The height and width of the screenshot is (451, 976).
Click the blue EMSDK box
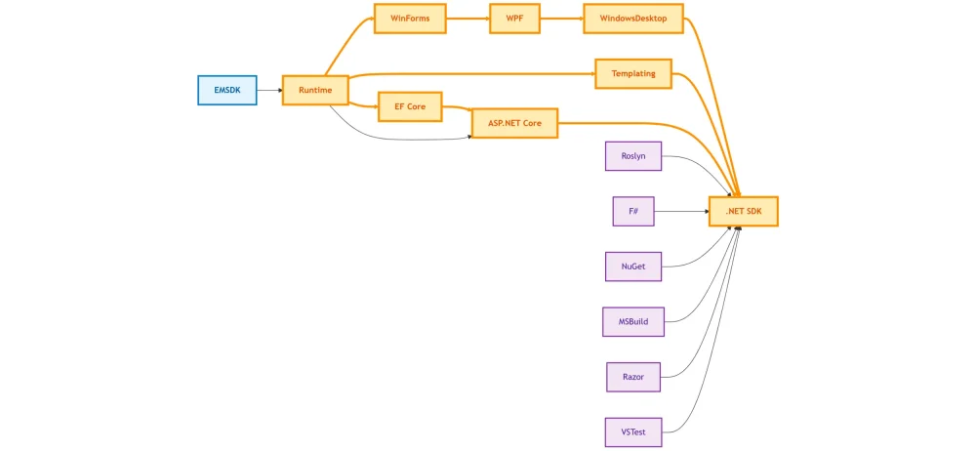pyautogui.click(x=226, y=90)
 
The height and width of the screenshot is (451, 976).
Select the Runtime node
pyautogui.click(x=315, y=90)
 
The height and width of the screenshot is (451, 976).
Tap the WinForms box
pyautogui.click(x=410, y=19)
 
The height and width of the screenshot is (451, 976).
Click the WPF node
pyautogui.click(x=514, y=19)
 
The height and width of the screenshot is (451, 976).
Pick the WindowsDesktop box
pyautogui.click(x=632, y=19)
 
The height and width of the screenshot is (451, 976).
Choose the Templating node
pyautogui.click(x=632, y=73)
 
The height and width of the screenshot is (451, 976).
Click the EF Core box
pyautogui.click(x=410, y=106)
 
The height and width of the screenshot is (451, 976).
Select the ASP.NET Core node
pyautogui.click(x=514, y=123)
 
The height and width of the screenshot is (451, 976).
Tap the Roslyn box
pyautogui.click(x=632, y=156)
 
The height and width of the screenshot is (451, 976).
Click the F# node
pyautogui.click(x=632, y=211)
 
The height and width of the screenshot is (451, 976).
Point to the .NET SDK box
pyautogui.click(x=743, y=211)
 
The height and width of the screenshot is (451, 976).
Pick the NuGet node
pyautogui.click(x=632, y=266)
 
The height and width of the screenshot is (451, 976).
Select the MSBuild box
pyautogui.click(x=632, y=321)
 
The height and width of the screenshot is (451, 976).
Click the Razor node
pyautogui.click(x=632, y=376)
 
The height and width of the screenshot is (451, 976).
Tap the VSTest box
pyautogui.click(x=632, y=430)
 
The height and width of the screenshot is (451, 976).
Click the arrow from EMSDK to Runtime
pyautogui.click(x=268, y=90)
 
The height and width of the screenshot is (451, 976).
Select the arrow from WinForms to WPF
pyautogui.click(x=467, y=19)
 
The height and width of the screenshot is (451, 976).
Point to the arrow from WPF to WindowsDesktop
pyautogui.click(x=560, y=19)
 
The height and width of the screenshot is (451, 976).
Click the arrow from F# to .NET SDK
pyautogui.click(x=680, y=211)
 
